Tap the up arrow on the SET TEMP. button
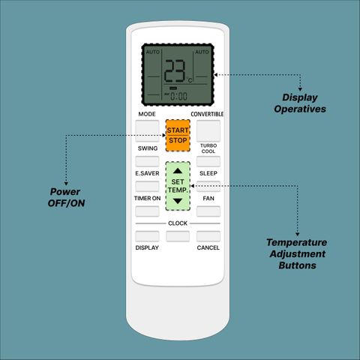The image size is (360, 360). click(x=178, y=171)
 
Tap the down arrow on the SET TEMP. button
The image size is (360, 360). click(x=178, y=201)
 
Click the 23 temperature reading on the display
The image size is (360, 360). click(x=175, y=71)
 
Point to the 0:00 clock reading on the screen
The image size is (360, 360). click(x=178, y=96)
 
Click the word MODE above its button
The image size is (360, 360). click(x=147, y=114)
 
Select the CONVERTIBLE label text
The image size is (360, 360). click(x=207, y=114)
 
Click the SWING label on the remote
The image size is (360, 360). click(x=148, y=148)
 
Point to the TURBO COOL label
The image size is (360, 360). click(x=208, y=148)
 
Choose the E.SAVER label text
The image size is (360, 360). click(x=147, y=173)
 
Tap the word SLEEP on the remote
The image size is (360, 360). click(x=208, y=173)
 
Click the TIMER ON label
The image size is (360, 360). click(x=147, y=198)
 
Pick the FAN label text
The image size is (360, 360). click(x=208, y=198)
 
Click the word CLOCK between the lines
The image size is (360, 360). click(x=178, y=223)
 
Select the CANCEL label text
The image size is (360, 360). click(x=208, y=247)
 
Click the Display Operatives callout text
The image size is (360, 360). click(x=300, y=103)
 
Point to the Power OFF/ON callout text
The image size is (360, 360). click(x=66, y=197)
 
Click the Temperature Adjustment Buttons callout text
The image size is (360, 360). click(x=297, y=253)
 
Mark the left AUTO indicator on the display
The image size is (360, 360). click(x=153, y=52)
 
